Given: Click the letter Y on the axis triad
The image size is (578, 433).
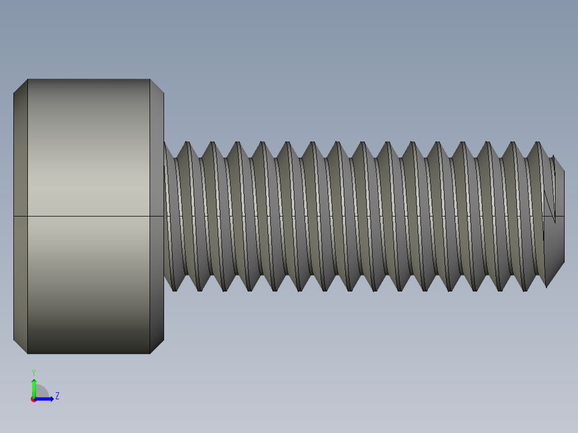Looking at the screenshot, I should pyautogui.click(x=34, y=372).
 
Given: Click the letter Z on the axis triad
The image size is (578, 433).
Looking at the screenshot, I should pyautogui.click(x=57, y=396).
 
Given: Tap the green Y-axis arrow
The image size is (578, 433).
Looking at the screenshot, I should pyautogui.click(x=34, y=386).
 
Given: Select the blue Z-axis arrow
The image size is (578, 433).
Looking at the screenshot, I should pyautogui.click(x=46, y=399).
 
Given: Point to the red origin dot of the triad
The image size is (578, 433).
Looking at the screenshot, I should pyautogui.click(x=34, y=399).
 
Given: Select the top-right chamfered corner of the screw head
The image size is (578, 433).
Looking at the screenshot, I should pyautogui.click(x=157, y=86).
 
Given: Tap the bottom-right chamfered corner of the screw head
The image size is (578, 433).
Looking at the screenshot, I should pyautogui.click(x=157, y=346).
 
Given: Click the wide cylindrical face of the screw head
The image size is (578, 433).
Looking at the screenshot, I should pyautogui.click(x=88, y=161).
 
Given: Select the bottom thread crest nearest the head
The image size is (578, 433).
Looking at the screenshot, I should pyautogui.click(x=174, y=289).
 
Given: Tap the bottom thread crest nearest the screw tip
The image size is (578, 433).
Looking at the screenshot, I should pyautogui.click(x=524, y=289).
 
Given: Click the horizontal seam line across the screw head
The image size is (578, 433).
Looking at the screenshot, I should pyautogui.click(x=88, y=216).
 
